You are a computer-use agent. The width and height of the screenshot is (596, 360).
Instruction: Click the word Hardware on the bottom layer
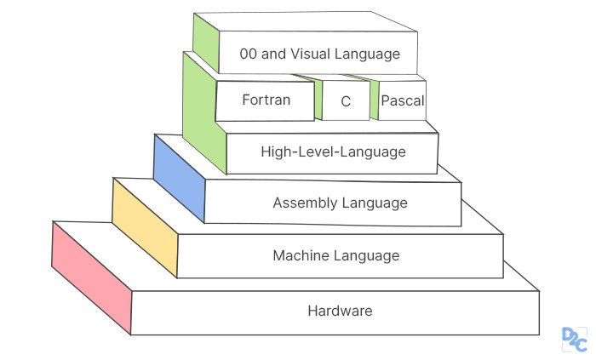[340, 311]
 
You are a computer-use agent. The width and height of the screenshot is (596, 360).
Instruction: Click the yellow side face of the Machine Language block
[145, 228]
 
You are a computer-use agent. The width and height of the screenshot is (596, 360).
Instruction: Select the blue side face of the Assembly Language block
[180, 178]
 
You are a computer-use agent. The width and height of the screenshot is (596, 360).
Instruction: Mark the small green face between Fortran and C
[317, 100]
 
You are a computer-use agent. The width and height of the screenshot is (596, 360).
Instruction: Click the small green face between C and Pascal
[373, 100]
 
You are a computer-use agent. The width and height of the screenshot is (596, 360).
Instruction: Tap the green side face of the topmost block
[206, 43]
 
